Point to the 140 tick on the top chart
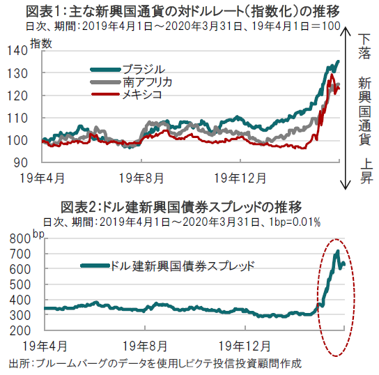click(x=17, y=51)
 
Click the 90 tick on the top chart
click(x=20, y=162)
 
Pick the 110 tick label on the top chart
click(x=17, y=118)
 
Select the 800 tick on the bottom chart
click(x=20, y=239)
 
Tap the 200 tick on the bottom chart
click(x=20, y=330)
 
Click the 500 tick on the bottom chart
click(x=20, y=285)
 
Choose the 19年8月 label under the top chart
click(x=141, y=178)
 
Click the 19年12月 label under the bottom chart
click(x=245, y=346)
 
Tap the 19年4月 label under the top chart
click(x=42, y=178)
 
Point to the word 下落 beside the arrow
click(x=364, y=47)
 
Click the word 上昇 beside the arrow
click(x=366, y=171)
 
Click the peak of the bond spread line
click(x=338, y=251)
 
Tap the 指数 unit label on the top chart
click(x=41, y=44)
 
